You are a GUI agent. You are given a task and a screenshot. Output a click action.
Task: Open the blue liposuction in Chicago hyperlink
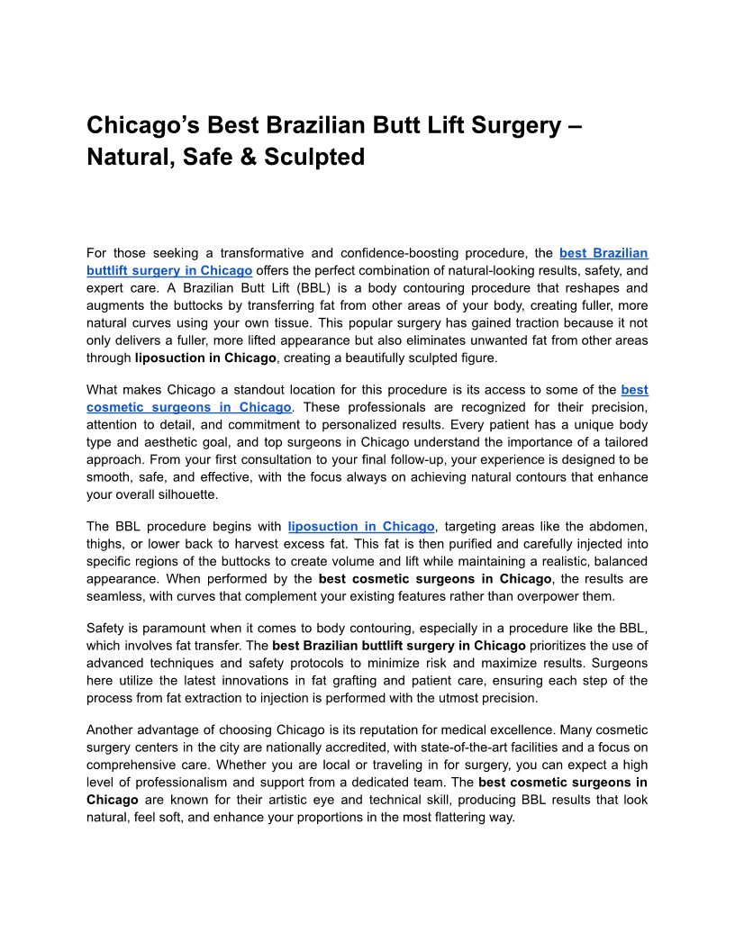361,526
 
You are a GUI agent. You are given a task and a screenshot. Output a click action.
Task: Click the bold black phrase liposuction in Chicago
205,358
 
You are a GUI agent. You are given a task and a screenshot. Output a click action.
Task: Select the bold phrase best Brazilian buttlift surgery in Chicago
399,646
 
